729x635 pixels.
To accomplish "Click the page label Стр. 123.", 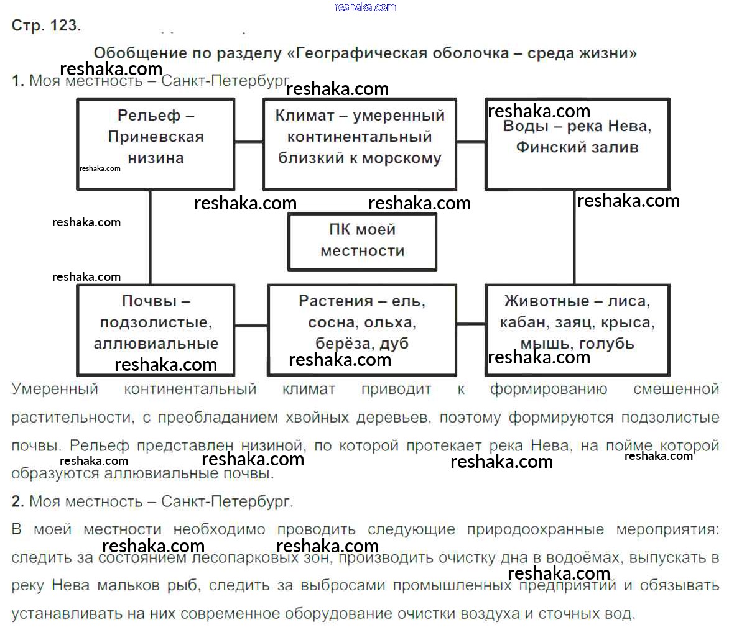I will [x=46, y=25].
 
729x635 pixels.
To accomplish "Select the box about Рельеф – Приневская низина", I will [x=156, y=144].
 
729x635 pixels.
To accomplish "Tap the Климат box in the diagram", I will [x=360, y=144].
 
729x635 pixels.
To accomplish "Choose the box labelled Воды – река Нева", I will [x=577, y=144].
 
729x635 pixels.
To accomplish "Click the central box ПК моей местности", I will [x=362, y=241].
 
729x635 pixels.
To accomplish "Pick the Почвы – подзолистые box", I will [x=156, y=329].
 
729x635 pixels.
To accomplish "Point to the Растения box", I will [x=361, y=329].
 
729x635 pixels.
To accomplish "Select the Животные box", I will [x=577, y=329].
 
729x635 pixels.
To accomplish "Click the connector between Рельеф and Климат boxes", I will [x=249, y=142].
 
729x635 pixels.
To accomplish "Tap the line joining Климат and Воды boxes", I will [x=471, y=142].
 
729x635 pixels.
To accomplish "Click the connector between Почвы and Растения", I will [x=251, y=324].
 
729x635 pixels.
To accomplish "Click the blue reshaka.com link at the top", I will [x=364, y=7].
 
